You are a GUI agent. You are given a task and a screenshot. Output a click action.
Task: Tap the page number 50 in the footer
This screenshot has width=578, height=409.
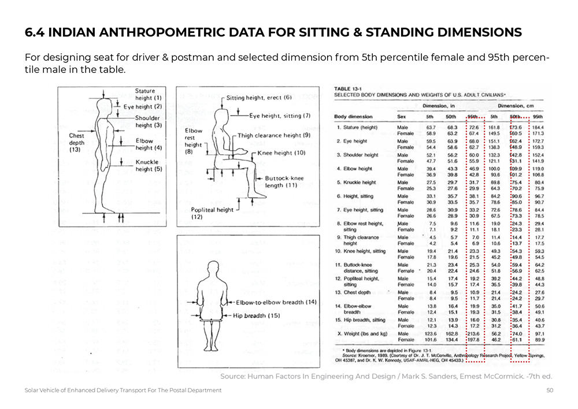(550, 391)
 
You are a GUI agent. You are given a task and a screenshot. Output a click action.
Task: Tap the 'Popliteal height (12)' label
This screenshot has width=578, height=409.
(212, 214)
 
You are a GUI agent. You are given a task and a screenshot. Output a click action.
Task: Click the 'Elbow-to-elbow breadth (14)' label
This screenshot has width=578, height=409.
(276, 302)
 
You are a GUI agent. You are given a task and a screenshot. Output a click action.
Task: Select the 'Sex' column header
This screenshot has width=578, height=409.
(402, 117)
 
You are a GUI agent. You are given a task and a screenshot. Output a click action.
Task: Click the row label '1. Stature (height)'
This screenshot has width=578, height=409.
(357, 127)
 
